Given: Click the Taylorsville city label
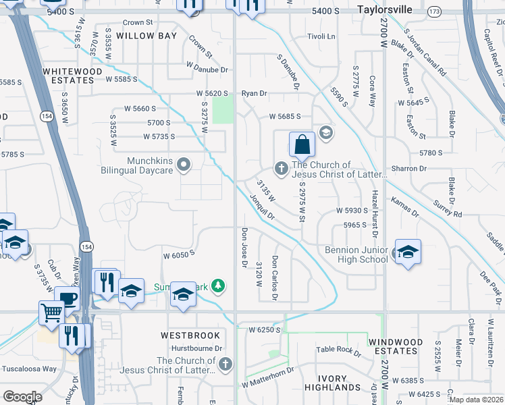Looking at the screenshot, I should pyautogui.click(x=385, y=11).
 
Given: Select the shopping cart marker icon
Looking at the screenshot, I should pyautogui.click(x=51, y=312).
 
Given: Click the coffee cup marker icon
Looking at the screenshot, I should pyautogui.click(x=67, y=298).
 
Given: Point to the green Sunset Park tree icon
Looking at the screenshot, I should pyautogui.click(x=217, y=286).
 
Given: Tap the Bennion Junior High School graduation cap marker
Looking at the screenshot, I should pyautogui.click(x=407, y=252).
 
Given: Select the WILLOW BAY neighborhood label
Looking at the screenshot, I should pyautogui.click(x=147, y=35).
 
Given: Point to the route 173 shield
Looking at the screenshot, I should pyautogui.click(x=435, y=12).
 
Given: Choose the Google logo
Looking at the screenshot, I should pyautogui.click(x=22, y=397).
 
